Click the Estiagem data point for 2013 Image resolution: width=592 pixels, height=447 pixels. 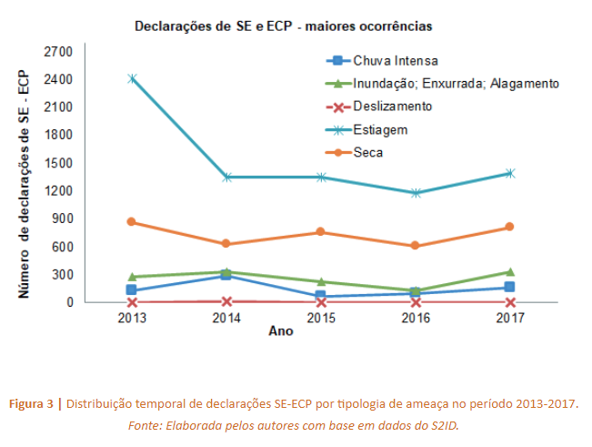132,78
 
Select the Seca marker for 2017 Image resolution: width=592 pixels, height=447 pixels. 510,227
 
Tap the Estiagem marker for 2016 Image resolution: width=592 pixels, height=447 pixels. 416,193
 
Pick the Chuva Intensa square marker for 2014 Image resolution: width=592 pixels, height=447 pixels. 226,275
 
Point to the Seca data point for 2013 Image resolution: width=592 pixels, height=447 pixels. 132,221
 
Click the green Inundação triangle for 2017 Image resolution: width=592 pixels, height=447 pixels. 510,271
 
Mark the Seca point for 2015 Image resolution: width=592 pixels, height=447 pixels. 321,232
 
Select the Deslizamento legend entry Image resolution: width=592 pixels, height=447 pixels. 392,107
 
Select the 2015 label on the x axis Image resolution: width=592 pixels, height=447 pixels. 321,318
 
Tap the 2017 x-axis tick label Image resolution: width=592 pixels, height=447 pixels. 510,318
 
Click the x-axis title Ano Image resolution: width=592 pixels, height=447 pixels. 281,332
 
